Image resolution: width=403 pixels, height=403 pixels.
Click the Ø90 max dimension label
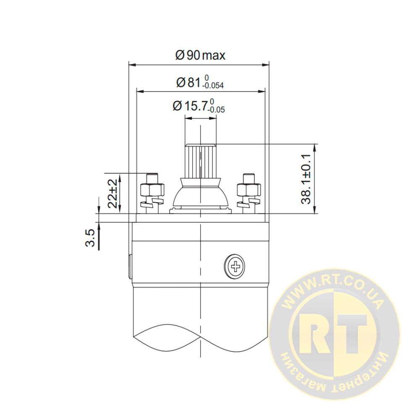(x=200, y=55)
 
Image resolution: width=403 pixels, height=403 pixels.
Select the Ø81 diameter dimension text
(x=200, y=82)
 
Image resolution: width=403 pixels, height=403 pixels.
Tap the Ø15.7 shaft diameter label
(x=199, y=106)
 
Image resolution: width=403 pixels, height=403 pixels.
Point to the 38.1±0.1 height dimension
(x=306, y=179)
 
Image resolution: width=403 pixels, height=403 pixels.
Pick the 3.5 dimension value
(x=90, y=238)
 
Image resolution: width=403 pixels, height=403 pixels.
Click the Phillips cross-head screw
(x=234, y=266)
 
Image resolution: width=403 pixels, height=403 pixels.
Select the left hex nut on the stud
(x=152, y=190)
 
